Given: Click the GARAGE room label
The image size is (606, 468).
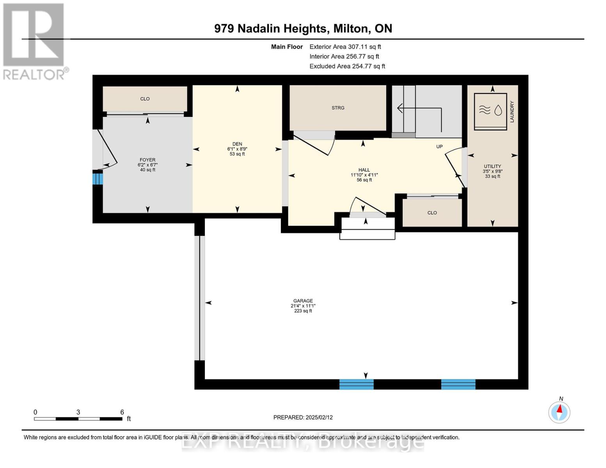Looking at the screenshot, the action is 303,301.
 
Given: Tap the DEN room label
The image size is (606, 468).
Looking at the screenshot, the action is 237,144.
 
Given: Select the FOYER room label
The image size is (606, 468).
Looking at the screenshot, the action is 148,160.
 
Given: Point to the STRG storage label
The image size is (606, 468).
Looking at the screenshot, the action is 338,108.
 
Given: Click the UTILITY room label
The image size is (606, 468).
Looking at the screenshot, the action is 492,166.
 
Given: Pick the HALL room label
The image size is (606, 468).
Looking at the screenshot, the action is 364,170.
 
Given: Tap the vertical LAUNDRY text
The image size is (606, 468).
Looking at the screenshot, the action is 512,112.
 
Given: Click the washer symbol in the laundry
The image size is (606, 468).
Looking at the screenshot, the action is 490,111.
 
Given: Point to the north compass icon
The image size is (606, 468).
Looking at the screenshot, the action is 559,412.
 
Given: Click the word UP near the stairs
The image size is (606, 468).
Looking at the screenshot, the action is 439,147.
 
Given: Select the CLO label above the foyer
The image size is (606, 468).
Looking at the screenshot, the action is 145,99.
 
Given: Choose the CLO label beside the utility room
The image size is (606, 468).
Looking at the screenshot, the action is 432,213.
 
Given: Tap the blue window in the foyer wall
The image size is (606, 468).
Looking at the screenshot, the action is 98,179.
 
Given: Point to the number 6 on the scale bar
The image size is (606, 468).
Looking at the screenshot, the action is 122,412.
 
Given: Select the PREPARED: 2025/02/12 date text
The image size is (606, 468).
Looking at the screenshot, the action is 303,417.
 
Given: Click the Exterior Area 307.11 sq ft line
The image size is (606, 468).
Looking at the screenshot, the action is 345,47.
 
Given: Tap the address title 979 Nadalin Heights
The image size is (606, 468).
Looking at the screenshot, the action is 270,29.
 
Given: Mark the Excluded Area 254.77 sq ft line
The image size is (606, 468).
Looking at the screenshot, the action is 347,66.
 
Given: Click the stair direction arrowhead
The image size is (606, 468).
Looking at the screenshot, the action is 399,108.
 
